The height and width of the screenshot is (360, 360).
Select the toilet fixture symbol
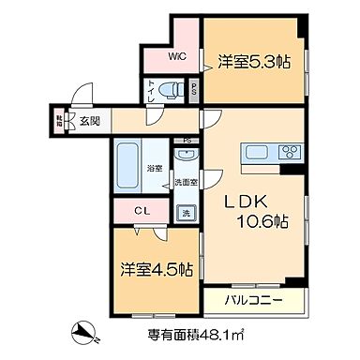[170, 91]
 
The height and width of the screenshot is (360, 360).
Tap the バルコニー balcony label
[253, 302]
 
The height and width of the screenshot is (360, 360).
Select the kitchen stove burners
[288, 152]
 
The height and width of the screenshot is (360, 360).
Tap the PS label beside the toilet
[193, 91]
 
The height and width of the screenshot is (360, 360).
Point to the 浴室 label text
[154, 169]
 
